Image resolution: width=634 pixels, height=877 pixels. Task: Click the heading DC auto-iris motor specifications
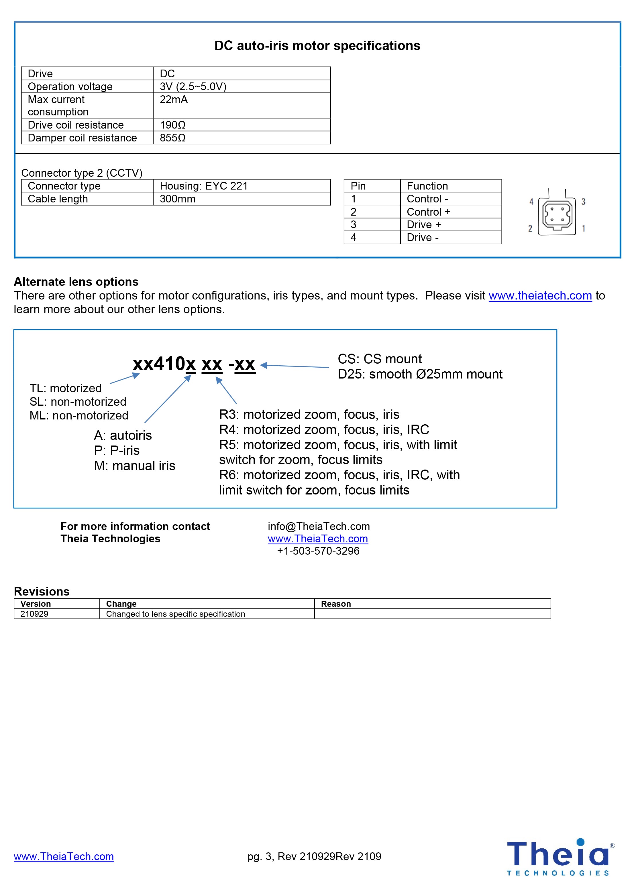[x=317, y=46]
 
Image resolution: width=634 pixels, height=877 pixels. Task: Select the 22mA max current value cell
[x=174, y=100]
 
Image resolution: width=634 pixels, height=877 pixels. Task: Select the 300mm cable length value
[x=178, y=199]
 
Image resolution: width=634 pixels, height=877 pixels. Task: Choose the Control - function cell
[x=427, y=199]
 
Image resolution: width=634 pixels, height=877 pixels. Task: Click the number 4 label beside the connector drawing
[x=531, y=202]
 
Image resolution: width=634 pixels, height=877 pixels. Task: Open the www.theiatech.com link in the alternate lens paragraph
[x=540, y=296]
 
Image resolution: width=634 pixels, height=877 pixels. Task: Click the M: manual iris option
[x=134, y=466]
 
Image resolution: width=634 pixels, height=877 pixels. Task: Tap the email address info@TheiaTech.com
[x=319, y=526]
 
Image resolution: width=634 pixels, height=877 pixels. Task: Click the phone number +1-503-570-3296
[x=318, y=551]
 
